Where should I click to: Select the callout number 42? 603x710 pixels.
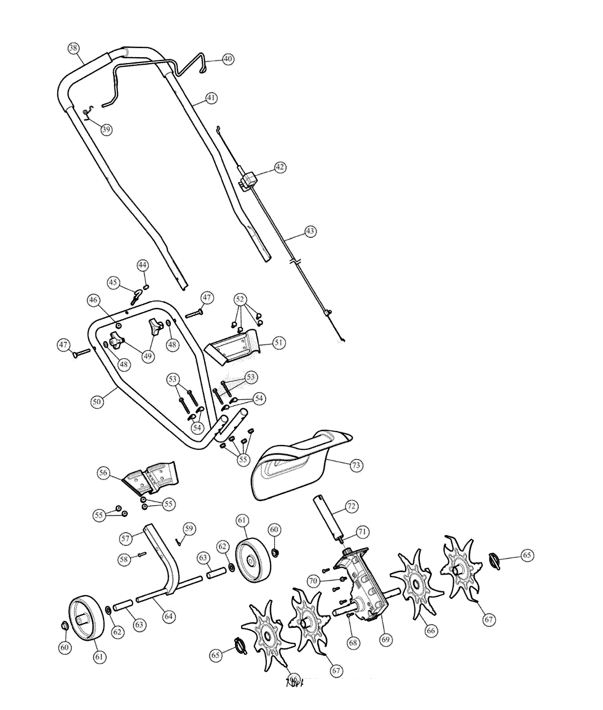[x=280, y=167]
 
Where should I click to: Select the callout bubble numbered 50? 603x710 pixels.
[x=97, y=401]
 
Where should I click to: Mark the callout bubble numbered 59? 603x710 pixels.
[x=189, y=528]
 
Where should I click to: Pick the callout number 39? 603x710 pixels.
[x=107, y=129]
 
